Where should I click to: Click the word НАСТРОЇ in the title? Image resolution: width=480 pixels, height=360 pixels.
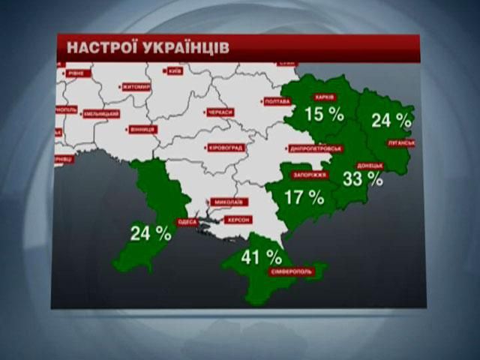[100, 47]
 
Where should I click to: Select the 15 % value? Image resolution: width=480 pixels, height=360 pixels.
[324, 115]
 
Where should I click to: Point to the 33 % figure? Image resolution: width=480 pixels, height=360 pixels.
[362, 180]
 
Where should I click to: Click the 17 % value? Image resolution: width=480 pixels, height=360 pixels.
[304, 198]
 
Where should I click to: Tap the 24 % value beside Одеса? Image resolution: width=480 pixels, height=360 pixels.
[151, 233]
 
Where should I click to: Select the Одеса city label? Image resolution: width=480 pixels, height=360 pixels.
[186, 222]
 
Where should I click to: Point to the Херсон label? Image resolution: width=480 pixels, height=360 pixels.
[238, 220]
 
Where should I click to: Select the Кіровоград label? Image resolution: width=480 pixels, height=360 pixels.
[225, 148]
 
